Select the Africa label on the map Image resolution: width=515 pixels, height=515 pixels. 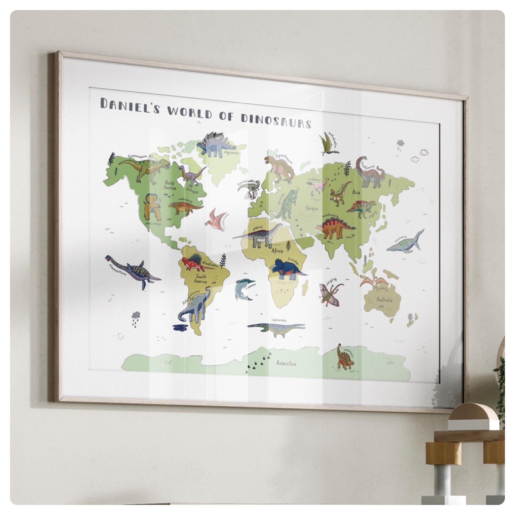[277, 251]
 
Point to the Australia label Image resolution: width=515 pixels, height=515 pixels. [384, 299]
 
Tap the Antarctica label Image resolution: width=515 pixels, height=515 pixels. [286, 363]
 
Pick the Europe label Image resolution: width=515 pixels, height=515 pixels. [311, 208]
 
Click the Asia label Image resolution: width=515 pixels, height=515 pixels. [356, 192]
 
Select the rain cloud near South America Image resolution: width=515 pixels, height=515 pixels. [136, 317]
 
